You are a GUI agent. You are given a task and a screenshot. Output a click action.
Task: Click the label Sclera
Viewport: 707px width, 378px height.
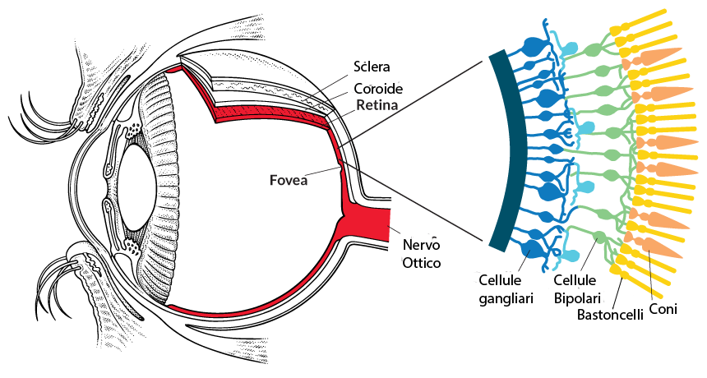pos(372,67)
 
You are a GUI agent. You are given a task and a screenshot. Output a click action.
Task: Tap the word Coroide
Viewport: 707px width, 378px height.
pos(378,88)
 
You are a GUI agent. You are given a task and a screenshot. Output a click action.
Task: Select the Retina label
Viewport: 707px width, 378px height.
pos(377,105)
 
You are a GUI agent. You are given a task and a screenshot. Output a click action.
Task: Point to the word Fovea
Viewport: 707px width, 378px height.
pos(289,180)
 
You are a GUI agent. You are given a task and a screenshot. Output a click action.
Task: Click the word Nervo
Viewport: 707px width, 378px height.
pos(421,245)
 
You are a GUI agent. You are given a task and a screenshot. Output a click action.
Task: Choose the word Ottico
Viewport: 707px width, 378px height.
pos(421,263)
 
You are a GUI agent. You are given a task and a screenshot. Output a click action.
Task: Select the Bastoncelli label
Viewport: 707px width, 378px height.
pos(610,314)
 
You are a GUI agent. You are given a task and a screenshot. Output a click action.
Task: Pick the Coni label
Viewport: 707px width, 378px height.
pos(663,309)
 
